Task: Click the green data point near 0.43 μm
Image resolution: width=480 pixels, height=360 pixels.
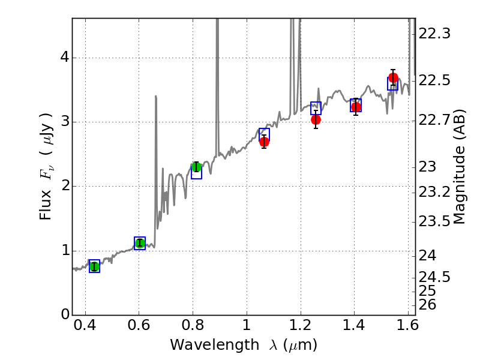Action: click(94, 266)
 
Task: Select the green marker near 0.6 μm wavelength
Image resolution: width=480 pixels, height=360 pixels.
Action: click(140, 243)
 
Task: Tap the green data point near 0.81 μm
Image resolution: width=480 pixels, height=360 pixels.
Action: click(196, 167)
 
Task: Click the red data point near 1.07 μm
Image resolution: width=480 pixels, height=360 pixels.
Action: click(264, 142)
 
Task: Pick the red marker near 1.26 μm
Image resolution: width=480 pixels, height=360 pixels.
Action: click(316, 119)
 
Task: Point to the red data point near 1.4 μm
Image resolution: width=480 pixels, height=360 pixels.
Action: click(356, 107)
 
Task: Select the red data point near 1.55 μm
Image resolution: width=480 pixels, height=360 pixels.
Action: click(394, 78)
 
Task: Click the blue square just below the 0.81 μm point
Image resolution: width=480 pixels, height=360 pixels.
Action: click(196, 174)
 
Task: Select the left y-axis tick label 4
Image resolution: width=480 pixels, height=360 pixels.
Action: click(62, 58)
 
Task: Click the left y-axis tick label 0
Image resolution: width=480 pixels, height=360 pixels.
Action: click(62, 315)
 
